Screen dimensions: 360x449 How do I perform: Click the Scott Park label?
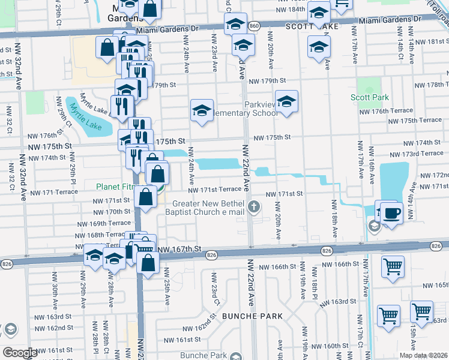click(370, 97)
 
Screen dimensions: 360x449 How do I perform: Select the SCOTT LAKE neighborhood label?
click(312, 26)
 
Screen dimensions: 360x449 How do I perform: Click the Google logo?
click(20, 353)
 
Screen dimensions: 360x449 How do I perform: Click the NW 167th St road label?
click(179, 248)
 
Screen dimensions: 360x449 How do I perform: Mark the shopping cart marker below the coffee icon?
click(393, 265)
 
